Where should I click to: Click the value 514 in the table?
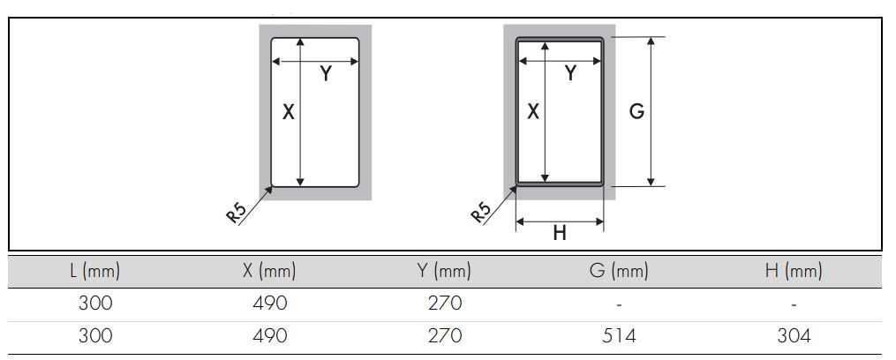point(619,336)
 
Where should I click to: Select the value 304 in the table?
point(794,336)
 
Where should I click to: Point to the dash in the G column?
point(619,304)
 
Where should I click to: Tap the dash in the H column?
point(794,304)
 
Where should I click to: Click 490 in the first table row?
point(269,304)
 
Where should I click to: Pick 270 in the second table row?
point(444,336)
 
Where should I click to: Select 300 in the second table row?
point(94,336)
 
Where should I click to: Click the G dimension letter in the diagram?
point(636,112)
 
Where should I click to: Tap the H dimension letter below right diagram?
point(560,233)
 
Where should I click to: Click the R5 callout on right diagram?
point(480,214)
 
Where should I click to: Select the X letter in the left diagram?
point(288,112)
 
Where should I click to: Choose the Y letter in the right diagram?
point(570,74)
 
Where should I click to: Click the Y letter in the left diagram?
point(326,74)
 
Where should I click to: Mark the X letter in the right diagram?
point(532,112)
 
